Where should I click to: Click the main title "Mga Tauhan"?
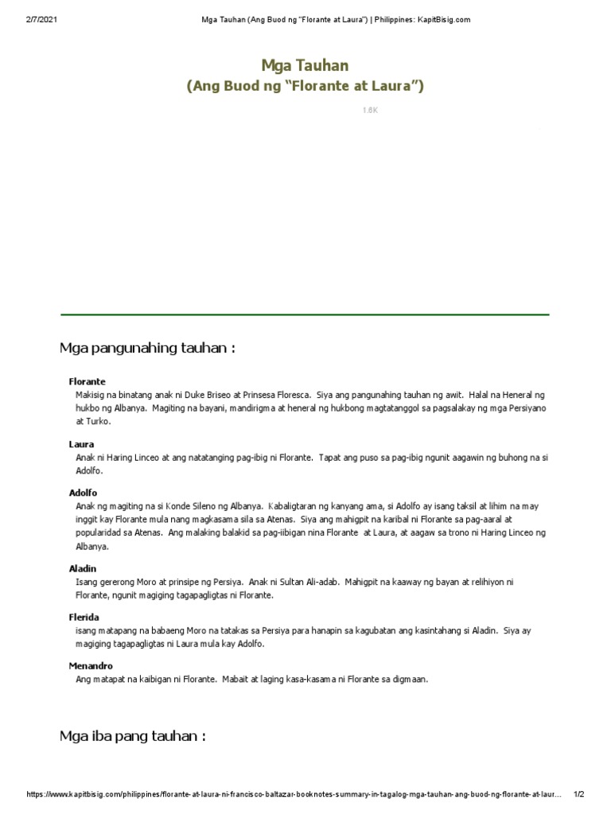coord(305,65)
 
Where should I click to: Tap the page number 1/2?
coord(578,794)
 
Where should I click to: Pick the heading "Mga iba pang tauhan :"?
coord(133,735)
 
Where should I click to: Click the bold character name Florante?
coord(88,382)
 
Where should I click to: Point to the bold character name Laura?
coord(82,444)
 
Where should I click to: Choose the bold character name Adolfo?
coord(84,493)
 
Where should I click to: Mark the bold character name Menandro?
coord(91,665)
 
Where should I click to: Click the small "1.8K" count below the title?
coord(370,111)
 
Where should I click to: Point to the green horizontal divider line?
coord(305,315)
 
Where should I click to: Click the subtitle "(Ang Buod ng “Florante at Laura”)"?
coord(305,86)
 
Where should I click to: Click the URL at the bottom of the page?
coord(294,794)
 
